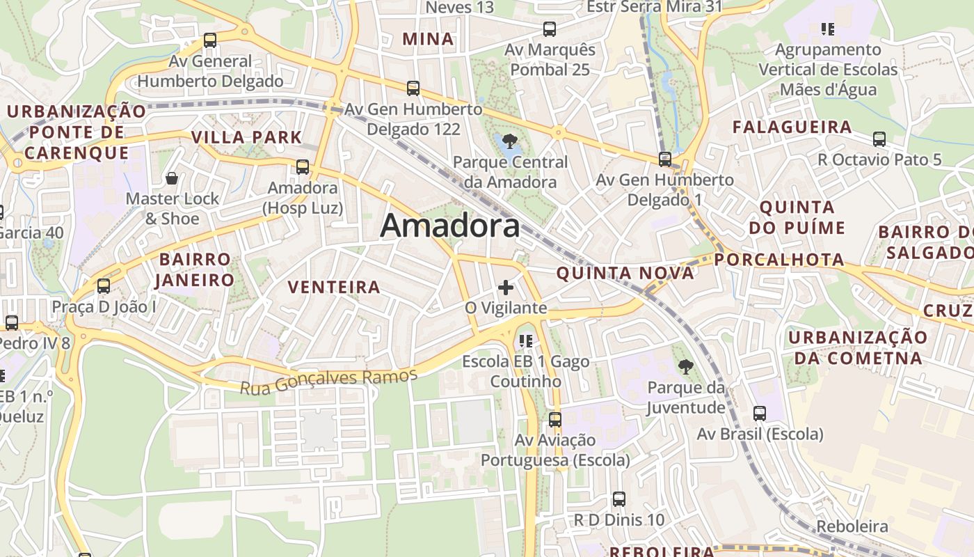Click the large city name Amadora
[450, 226]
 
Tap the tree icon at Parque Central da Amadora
[510, 141]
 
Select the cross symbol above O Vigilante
[506, 287]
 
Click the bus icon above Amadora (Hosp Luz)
[302, 167]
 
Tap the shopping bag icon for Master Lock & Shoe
[172, 178]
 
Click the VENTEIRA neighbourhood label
[334, 287]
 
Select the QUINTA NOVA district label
[625, 273]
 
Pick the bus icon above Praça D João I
[104, 285]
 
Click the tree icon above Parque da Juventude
[685, 366]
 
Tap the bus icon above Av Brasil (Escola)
[760, 414]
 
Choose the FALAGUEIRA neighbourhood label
[792, 127]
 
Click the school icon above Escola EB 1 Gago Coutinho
[526, 341]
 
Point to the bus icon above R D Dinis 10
[618, 499]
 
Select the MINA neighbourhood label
[428, 39]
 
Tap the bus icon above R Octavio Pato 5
[879, 139]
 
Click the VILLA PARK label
[246, 137]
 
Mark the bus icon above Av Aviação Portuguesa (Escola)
[554, 420]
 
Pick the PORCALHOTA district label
[779, 260]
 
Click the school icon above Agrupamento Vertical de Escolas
[827, 29]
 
